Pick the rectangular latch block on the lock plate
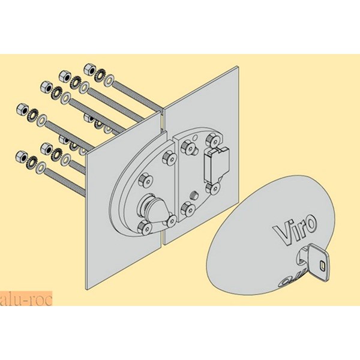pyautogui.click(x=215, y=163)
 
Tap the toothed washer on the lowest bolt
pyautogui.click(x=32, y=160)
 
